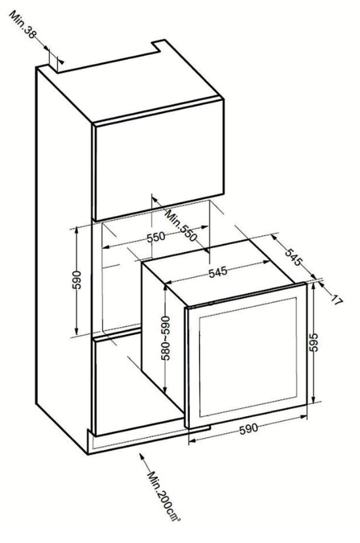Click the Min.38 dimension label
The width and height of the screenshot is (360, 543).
tap(23, 25)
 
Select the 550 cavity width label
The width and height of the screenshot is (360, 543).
tap(156, 238)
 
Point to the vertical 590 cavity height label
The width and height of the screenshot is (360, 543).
tap(77, 280)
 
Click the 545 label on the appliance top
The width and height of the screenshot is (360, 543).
tap(218, 271)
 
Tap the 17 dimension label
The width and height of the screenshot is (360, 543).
tap(336, 300)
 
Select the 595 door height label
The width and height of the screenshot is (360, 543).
tap(314, 342)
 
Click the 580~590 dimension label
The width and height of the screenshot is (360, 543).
tap(166, 338)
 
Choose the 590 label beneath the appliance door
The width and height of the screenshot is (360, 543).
tap(249, 429)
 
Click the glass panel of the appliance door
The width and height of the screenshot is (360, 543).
tap(248, 357)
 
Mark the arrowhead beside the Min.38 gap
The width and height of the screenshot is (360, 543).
tap(61, 61)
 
